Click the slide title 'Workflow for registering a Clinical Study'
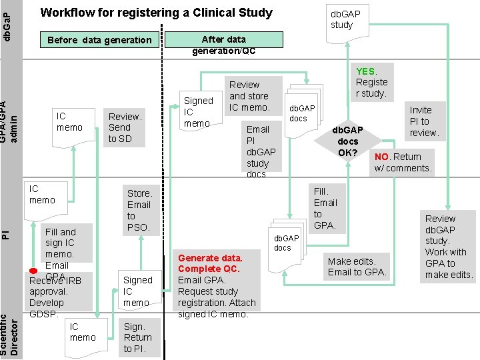pyautogui.click(x=157, y=13)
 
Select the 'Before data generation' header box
pyautogui.click(x=100, y=40)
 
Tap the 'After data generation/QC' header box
pyautogui.click(x=224, y=45)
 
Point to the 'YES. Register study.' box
pyautogui.click(x=371, y=82)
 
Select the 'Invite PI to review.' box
pyautogui.click(x=424, y=121)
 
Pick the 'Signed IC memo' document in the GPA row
pyautogui.click(x=198, y=111)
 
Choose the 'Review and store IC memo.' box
pyautogui.click(x=249, y=95)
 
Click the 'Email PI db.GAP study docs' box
pyautogui.click(x=261, y=151)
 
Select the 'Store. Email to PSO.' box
pyautogui.click(x=139, y=210)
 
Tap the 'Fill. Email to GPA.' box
pyautogui.click(x=325, y=208)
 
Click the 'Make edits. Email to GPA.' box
pyautogui.click(x=357, y=266)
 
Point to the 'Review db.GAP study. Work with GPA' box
pyautogui.click(x=449, y=246)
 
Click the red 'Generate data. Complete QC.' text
pyautogui.click(x=210, y=263)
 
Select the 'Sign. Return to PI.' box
pyautogui.click(x=138, y=337)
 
